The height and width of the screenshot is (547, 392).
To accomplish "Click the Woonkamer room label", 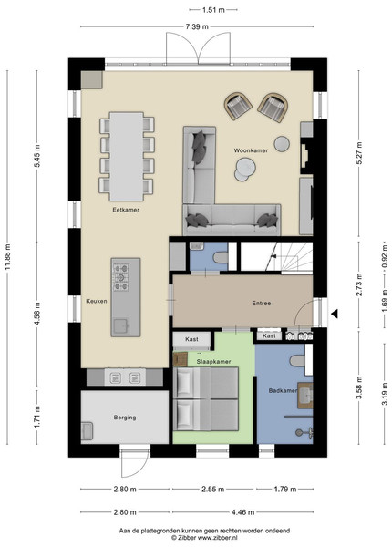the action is click(251, 150).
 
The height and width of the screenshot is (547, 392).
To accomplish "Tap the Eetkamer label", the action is click(126, 210).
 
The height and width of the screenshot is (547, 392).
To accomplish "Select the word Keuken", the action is click(97, 301).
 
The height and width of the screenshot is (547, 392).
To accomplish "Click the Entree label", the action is click(262, 304).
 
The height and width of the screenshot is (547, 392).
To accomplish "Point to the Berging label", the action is click(125, 418).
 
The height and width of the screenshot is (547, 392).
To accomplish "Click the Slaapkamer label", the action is click(213, 361).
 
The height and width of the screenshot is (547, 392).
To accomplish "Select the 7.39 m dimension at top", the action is click(197, 26).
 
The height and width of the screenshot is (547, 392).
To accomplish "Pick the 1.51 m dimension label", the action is click(213, 10).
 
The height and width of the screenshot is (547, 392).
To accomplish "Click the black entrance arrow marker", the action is click(335, 314).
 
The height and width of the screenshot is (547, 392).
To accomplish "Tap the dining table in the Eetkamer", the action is click(126, 156).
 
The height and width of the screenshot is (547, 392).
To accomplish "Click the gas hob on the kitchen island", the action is click(120, 277).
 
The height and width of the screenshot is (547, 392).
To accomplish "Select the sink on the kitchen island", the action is click(120, 325).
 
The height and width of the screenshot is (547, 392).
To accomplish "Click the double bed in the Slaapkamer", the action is click(206, 399).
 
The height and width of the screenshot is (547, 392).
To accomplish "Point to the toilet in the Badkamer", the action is click(297, 361).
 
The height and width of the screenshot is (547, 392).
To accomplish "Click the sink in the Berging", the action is click(87, 431).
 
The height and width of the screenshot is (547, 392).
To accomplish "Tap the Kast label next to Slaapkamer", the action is click(191, 339).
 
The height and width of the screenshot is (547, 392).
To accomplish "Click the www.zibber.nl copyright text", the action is click(204, 538).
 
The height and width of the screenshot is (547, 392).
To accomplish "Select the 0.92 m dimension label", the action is click(385, 256).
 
